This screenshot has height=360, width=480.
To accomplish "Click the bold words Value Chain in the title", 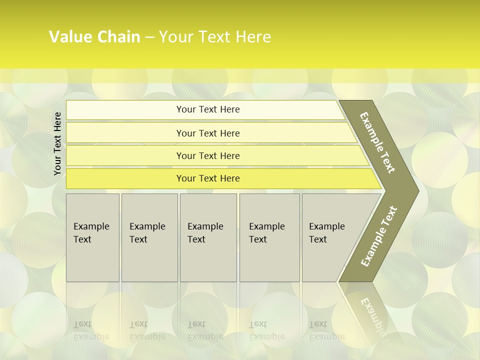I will (x=94, y=37).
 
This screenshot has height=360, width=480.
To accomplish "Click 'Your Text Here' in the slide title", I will (x=215, y=37).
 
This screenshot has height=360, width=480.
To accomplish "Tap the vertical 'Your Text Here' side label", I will (x=57, y=143).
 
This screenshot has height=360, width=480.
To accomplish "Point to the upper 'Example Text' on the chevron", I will (x=377, y=142).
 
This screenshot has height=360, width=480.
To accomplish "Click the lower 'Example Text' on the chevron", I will (x=379, y=236).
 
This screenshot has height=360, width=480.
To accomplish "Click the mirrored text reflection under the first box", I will (x=91, y=330).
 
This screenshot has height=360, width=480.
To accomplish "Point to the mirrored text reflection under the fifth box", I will (x=326, y=330).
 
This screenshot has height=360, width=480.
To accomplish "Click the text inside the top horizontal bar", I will (x=208, y=109).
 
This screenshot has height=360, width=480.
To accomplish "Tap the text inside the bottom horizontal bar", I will (x=208, y=178).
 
